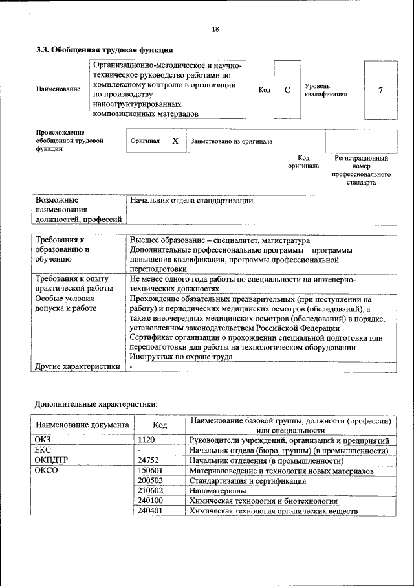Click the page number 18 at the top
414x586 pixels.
click(215, 28)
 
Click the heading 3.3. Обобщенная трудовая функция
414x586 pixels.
click(103, 49)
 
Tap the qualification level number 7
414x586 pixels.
click(380, 90)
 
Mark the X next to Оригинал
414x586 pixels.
click(175, 141)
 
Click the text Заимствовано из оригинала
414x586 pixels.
click(231, 141)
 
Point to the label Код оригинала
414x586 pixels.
click(303, 161)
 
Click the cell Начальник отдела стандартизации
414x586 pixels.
click(191, 201)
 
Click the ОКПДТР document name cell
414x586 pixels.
click(51, 460)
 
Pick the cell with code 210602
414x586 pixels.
click(150, 491)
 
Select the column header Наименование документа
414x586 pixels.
click(82, 425)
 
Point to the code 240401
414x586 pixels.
click(150, 512)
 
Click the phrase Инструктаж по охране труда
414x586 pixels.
click(181, 357)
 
